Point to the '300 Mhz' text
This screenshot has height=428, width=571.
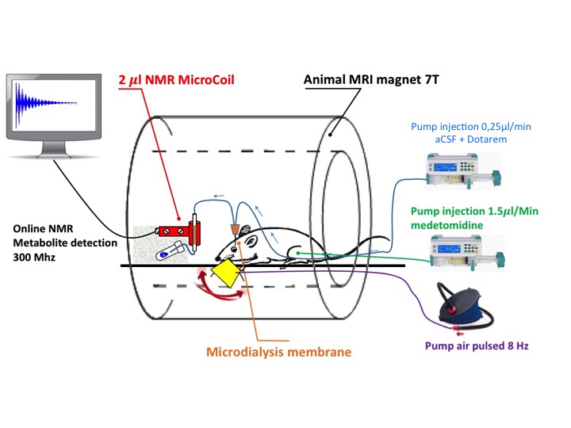(x=33, y=258)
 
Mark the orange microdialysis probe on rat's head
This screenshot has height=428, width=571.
(x=236, y=230)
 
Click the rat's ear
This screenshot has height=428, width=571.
(x=247, y=233)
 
